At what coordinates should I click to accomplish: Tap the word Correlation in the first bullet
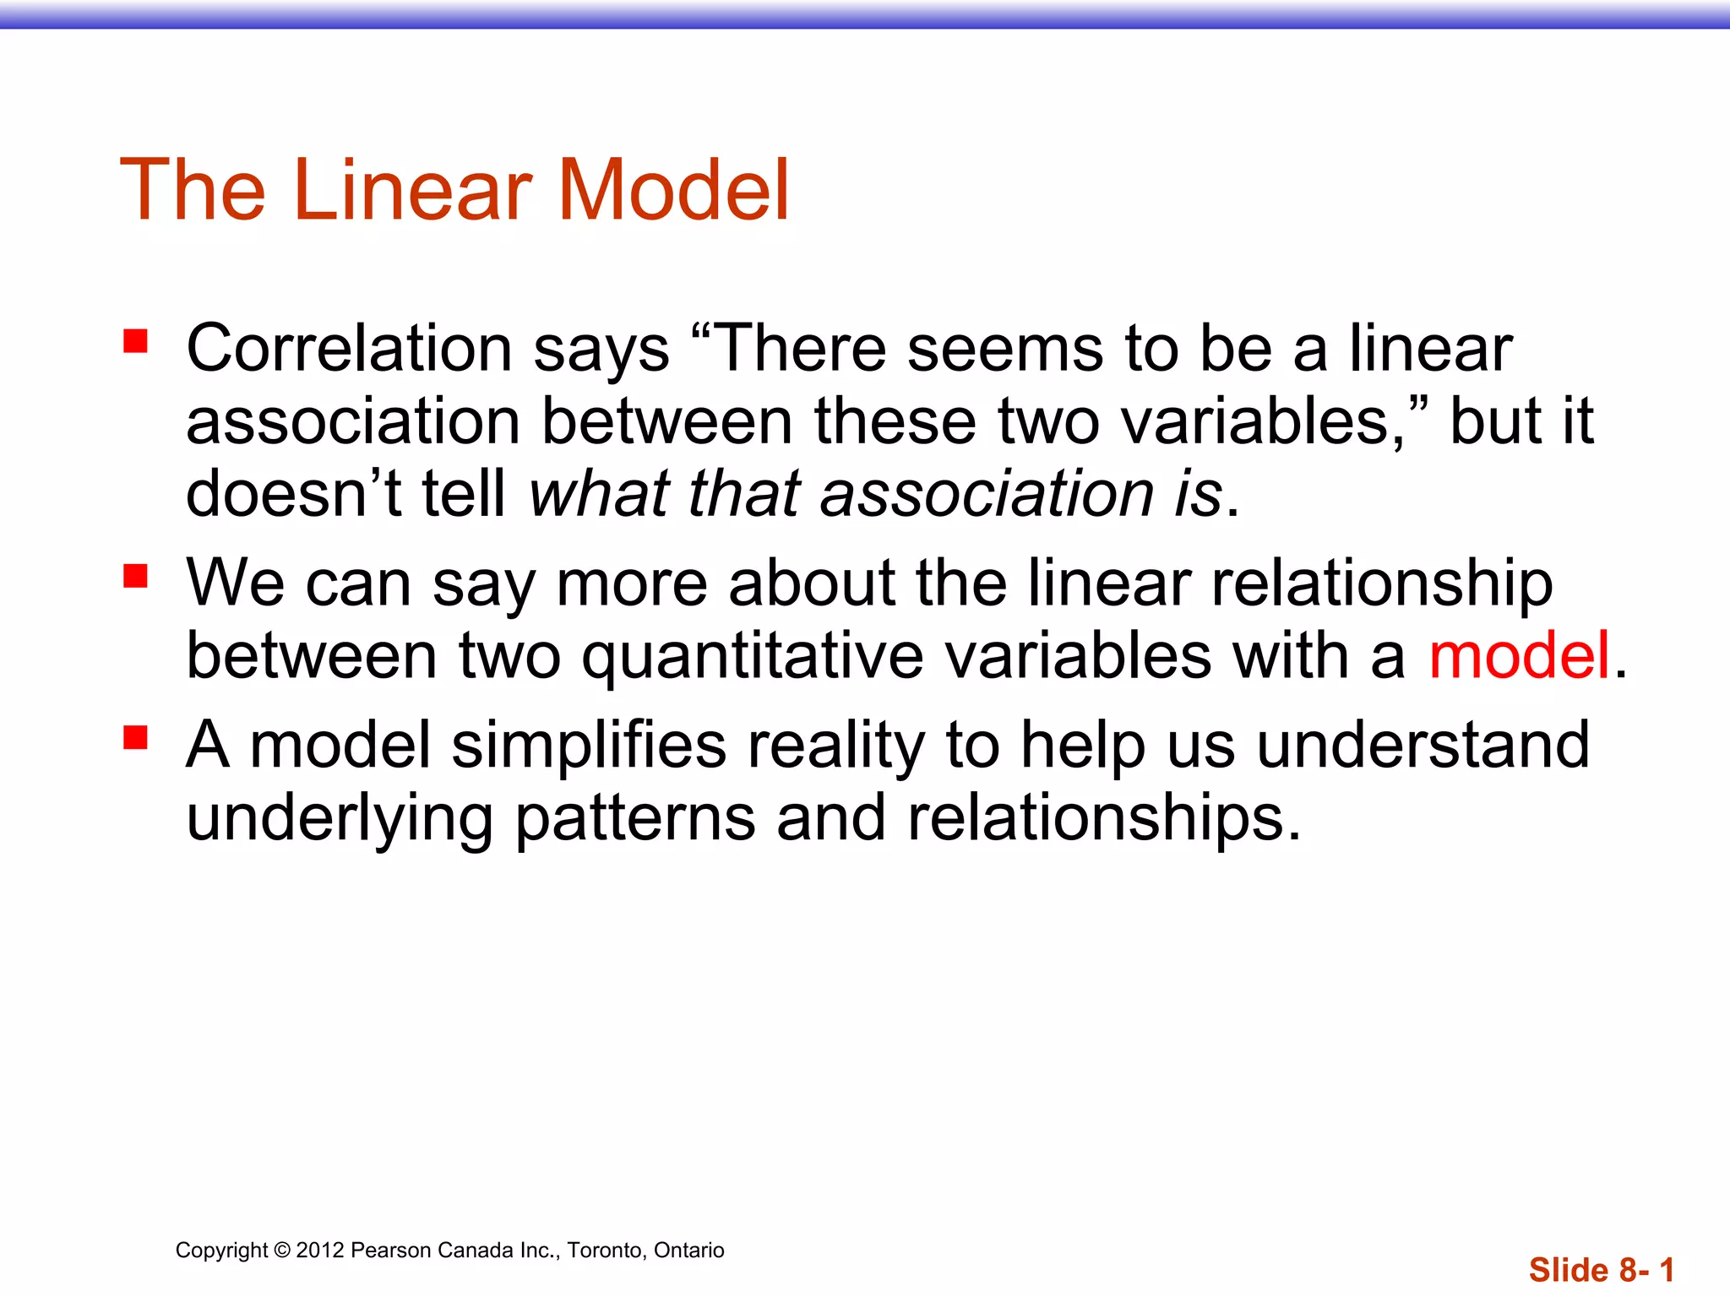[349, 349]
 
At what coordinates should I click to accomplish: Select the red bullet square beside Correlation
[135, 341]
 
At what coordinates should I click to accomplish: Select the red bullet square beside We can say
[135, 576]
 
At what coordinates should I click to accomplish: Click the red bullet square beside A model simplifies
[135, 737]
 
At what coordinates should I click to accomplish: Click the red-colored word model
[1519, 656]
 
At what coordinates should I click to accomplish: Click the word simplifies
[589, 746]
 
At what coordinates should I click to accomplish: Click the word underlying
[339, 820]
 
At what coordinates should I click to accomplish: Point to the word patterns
[635, 820]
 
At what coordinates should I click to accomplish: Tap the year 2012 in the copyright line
[320, 1251]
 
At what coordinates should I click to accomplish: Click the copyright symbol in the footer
[282, 1251]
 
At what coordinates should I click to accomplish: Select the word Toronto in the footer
[602, 1251]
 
